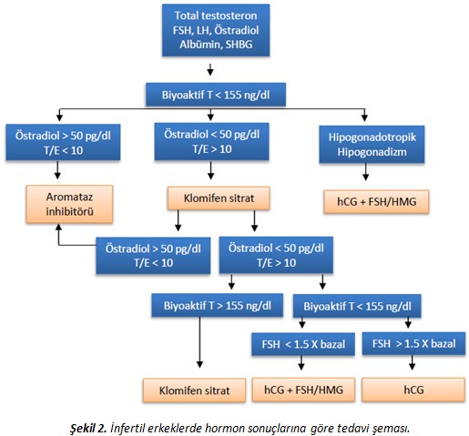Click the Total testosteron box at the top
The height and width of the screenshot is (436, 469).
pos(216,30)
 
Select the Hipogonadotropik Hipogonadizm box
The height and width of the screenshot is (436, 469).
pos(372,145)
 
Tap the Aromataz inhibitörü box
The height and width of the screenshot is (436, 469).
pos(69,204)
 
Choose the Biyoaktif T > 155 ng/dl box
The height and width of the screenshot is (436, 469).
pos(218,305)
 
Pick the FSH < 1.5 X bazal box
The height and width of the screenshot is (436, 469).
pos(303,344)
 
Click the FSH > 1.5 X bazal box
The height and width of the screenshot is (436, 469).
pos(413,343)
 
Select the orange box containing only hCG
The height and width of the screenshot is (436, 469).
pos(413,390)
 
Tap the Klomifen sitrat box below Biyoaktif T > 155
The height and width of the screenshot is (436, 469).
pos(194,390)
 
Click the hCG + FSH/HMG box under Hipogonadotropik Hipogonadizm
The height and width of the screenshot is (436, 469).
pos(376,202)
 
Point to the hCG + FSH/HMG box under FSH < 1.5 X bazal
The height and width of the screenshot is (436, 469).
pos(303,390)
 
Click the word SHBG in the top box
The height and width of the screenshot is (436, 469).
pos(239,45)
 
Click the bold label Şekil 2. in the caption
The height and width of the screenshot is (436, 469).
pos(88,428)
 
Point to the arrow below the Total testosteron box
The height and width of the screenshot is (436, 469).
pos(210,69)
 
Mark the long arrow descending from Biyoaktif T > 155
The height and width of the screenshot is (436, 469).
pos(199,342)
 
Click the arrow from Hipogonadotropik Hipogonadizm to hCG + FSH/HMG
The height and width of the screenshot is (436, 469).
pos(365,172)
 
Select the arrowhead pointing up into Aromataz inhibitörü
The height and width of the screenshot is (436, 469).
pos(58,227)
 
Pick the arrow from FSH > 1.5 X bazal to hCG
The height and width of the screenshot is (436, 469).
pos(412,362)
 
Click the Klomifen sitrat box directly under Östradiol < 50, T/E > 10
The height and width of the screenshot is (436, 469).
pos(219,198)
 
